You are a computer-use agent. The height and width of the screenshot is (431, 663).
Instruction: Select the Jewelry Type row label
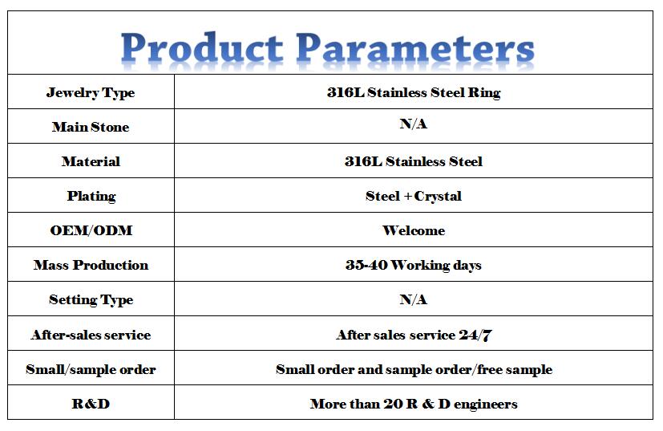coord(91,93)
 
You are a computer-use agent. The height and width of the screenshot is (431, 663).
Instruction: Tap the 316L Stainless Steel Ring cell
coord(414,92)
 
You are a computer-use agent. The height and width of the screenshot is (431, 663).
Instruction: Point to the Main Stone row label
coord(91,127)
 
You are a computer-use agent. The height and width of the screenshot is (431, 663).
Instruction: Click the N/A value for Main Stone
coord(414,124)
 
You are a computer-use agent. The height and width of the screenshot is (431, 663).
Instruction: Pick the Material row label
coord(91,161)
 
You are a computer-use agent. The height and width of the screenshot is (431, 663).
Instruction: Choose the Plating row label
coord(91,196)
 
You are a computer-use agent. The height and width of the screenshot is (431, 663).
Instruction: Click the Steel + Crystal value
coord(414,196)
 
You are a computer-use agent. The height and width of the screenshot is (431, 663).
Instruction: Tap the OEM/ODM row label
coord(91,230)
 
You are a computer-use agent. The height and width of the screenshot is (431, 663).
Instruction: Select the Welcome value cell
coord(414,230)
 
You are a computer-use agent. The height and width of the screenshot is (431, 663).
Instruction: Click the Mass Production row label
coord(91,265)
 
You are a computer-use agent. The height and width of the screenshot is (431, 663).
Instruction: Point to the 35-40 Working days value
coord(414,265)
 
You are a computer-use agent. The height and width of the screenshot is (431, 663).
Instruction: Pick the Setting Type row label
coord(91,299)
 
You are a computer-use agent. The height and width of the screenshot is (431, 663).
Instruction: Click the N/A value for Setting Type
coord(414,299)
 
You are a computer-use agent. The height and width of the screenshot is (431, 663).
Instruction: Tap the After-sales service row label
coord(91,335)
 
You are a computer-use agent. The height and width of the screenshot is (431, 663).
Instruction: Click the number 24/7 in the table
coord(475,335)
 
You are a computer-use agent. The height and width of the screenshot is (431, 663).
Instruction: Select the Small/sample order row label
coord(91,369)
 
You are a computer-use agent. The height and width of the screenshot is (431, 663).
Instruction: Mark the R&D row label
coord(91,404)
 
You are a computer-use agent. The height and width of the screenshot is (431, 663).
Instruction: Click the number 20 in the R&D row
coord(394,404)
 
